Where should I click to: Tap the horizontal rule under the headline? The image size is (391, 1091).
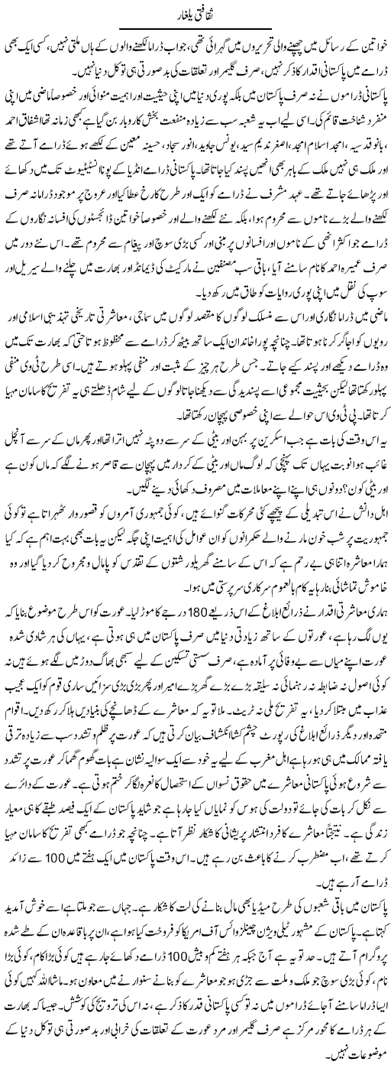coord(196,24)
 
